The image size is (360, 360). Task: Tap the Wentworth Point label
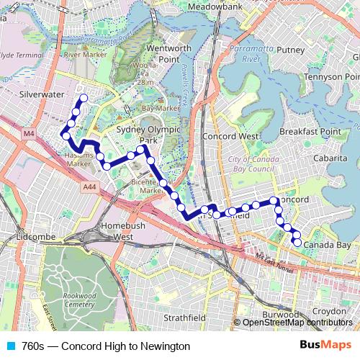coord(168,53)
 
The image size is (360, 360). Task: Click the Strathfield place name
coord(184,318)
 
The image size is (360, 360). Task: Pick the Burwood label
coord(280,315)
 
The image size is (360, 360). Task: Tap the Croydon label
coord(330,311)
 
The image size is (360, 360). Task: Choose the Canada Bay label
coord(327,246)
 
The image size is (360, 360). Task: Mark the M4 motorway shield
coord(28,134)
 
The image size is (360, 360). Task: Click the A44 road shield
coord(89,187)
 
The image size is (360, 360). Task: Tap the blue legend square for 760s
coord(10,346)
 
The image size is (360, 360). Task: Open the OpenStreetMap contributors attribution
coord(297,323)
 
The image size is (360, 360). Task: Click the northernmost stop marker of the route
coord(83,98)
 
